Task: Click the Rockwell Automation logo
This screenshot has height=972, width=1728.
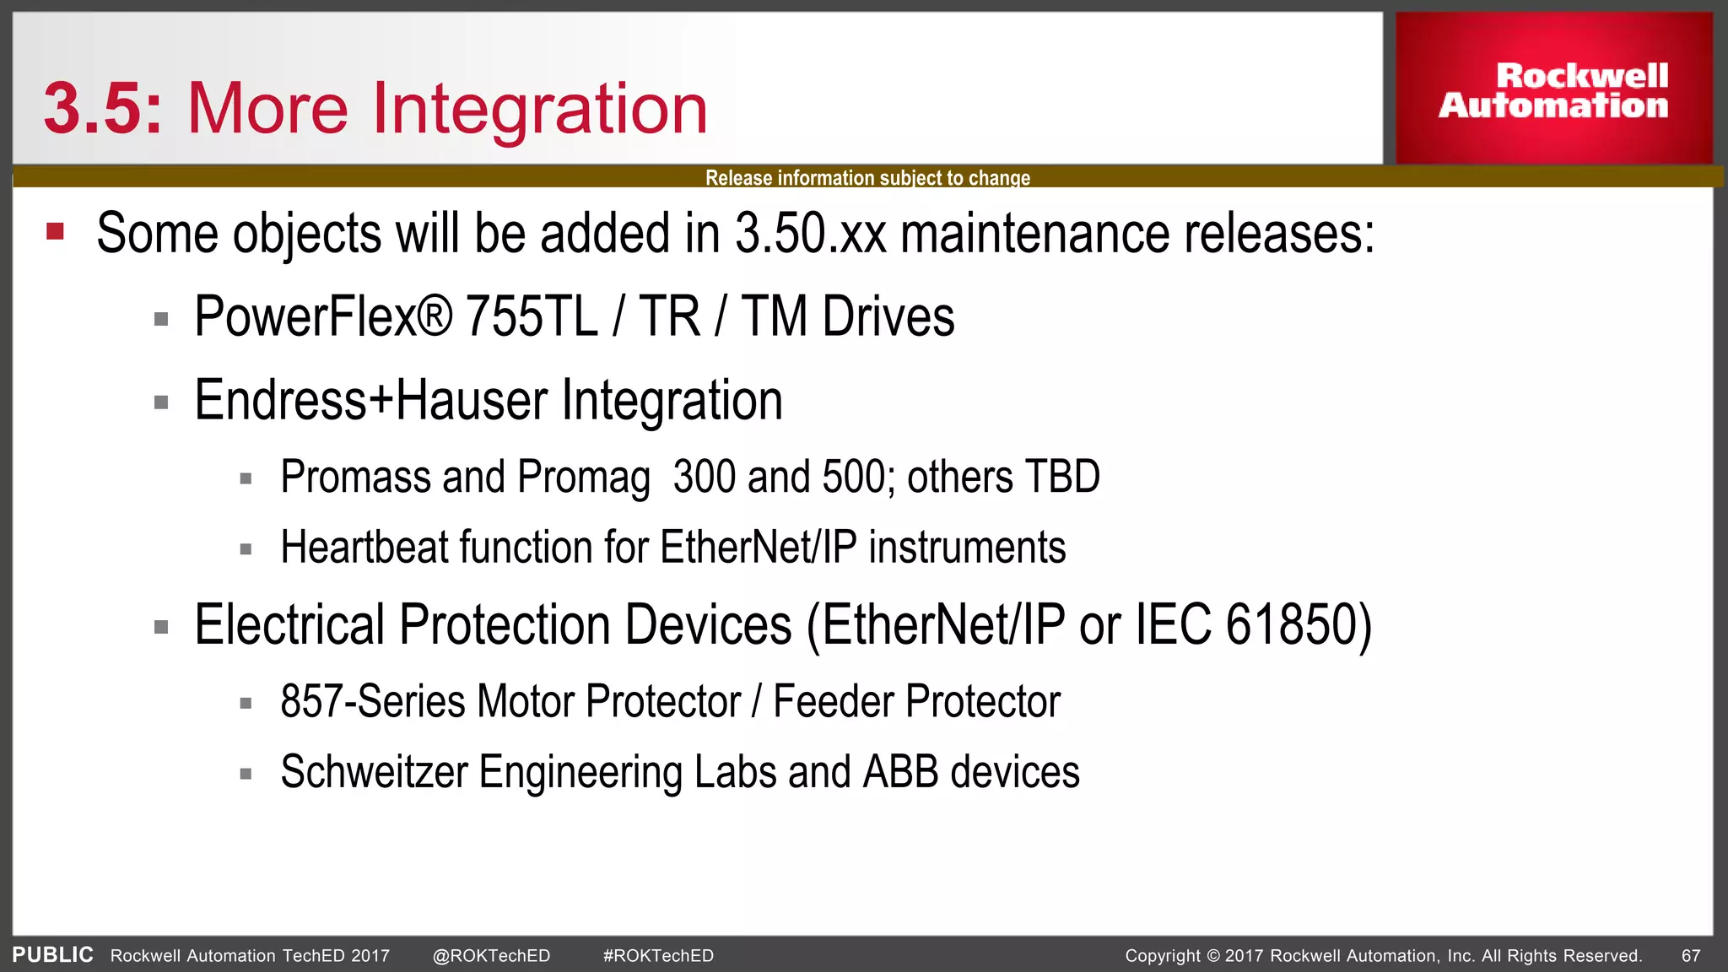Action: [1553, 89]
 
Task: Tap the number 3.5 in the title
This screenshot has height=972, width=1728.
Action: [94, 110]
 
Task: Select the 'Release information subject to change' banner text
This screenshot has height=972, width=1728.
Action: [867, 178]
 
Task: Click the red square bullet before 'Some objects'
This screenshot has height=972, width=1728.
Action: [56, 231]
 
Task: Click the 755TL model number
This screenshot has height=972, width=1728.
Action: [532, 317]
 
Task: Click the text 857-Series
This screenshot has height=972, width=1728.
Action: [372, 702]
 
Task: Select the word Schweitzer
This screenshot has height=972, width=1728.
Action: [374, 772]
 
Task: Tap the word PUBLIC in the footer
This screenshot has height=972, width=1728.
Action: [52, 955]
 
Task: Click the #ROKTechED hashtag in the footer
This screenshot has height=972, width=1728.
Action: [658, 956]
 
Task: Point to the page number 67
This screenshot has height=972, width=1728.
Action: [1691, 956]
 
